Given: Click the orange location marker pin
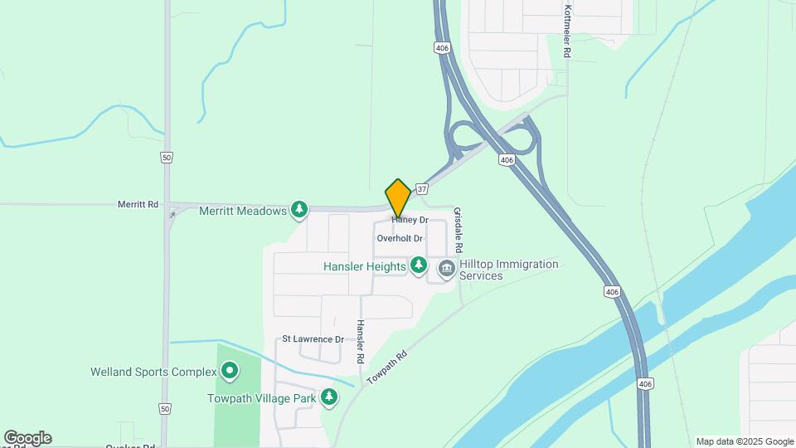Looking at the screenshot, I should (398, 198).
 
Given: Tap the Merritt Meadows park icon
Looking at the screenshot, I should (299, 211).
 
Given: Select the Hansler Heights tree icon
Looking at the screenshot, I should (420, 265).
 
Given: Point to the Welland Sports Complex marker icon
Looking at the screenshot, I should (230, 372).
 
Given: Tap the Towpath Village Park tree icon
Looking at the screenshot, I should (329, 397).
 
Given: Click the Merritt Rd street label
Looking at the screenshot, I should (138, 204).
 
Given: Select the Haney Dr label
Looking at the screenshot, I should (410, 220).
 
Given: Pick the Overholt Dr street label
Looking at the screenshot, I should (400, 238).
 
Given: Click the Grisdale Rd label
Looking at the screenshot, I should (459, 231).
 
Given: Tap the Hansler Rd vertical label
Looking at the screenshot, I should (361, 343).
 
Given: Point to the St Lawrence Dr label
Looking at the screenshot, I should (313, 339).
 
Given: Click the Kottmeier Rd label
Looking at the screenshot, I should (567, 31).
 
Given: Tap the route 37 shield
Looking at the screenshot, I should (422, 189).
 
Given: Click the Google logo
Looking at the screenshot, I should (27, 437).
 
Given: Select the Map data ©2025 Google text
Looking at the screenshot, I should (744, 441).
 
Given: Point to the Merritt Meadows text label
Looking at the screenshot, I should (243, 211).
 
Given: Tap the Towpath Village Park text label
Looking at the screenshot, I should (261, 398).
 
